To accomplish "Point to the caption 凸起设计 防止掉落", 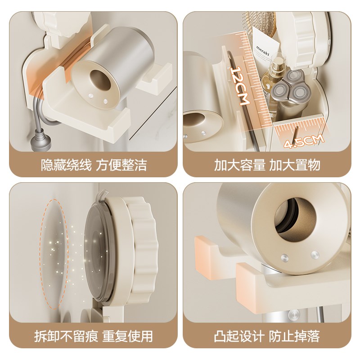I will tap(267, 336).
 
